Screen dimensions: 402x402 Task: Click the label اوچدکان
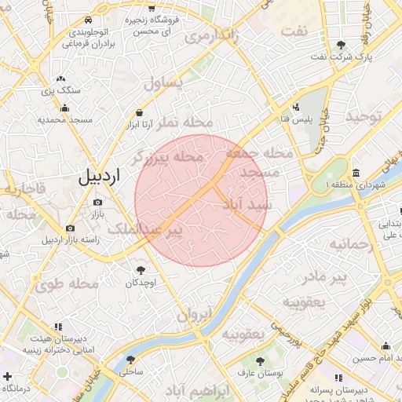(x=142, y=282)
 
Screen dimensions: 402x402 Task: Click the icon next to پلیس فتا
(x=296, y=107)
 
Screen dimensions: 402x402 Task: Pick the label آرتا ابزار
(x=141, y=124)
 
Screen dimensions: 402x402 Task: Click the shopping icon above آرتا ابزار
(x=140, y=112)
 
